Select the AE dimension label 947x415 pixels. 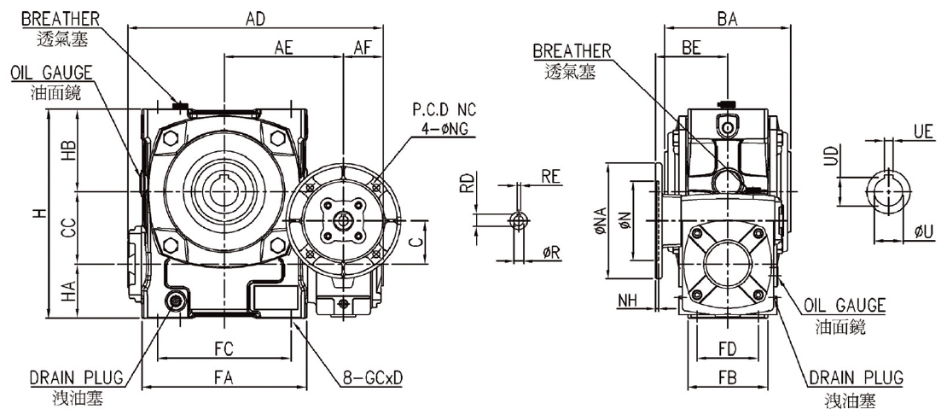click(x=283, y=48)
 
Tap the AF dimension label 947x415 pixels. click(x=363, y=48)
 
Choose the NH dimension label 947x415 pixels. click(x=628, y=301)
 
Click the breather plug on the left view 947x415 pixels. click(x=180, y=106)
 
